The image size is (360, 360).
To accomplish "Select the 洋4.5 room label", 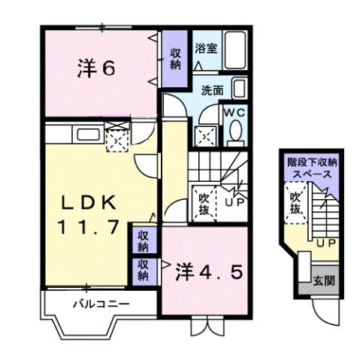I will [x=210, y=269].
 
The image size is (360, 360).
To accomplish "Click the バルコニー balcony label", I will [x=101, y=304].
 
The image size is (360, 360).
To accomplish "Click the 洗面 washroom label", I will [x=211, y=90].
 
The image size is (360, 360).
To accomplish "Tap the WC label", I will [x=236, y=112].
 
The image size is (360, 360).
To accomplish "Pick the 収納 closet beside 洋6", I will [x=174, y=59].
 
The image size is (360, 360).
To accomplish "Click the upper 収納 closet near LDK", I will [x=143, y=241].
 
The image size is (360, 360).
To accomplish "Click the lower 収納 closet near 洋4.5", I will [x=143, y=270].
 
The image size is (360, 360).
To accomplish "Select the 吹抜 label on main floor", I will [x=203, y=203].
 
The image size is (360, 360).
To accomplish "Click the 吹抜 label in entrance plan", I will [x=298, y=203].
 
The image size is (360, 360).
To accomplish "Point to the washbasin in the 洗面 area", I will [x=239, y=89].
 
